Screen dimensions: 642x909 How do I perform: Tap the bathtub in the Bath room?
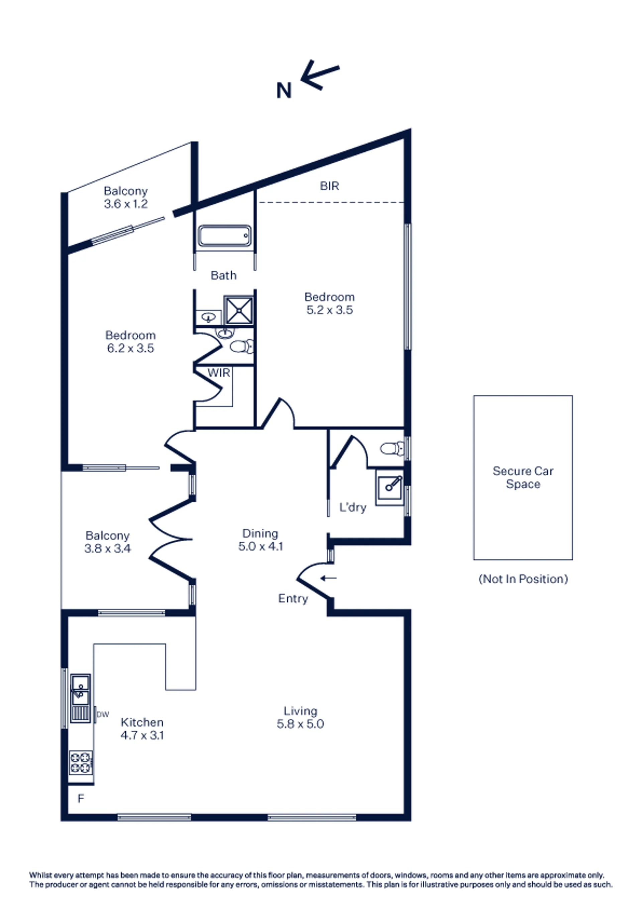point(224,236)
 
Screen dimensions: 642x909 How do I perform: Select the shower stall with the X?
point(239,310)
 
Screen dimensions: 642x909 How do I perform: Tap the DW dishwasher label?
point(103,715)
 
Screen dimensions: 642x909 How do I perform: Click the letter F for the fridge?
point(81,799)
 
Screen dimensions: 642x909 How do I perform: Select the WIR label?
point(219,373)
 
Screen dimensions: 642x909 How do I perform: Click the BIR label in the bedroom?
point(329,186)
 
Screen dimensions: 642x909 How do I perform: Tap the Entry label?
point(293,599)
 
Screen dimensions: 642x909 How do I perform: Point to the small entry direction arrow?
point(328,578)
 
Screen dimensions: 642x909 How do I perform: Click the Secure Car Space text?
point(523,477)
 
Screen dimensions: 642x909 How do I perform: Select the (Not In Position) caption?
point(523,579)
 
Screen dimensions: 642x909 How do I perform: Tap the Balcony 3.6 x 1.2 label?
point(125,197)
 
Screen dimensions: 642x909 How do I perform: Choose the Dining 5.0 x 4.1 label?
point(260,540)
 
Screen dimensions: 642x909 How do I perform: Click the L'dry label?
point(353,507)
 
